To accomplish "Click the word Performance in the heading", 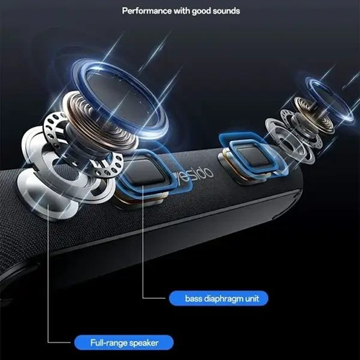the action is pos(147,11).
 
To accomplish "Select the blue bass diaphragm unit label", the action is pos(218,298).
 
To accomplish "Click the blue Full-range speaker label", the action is pos(124,343).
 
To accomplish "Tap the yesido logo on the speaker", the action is pos(195,175).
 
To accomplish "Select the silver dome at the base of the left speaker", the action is pos(48,193).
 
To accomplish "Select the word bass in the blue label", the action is pos(194,298).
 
